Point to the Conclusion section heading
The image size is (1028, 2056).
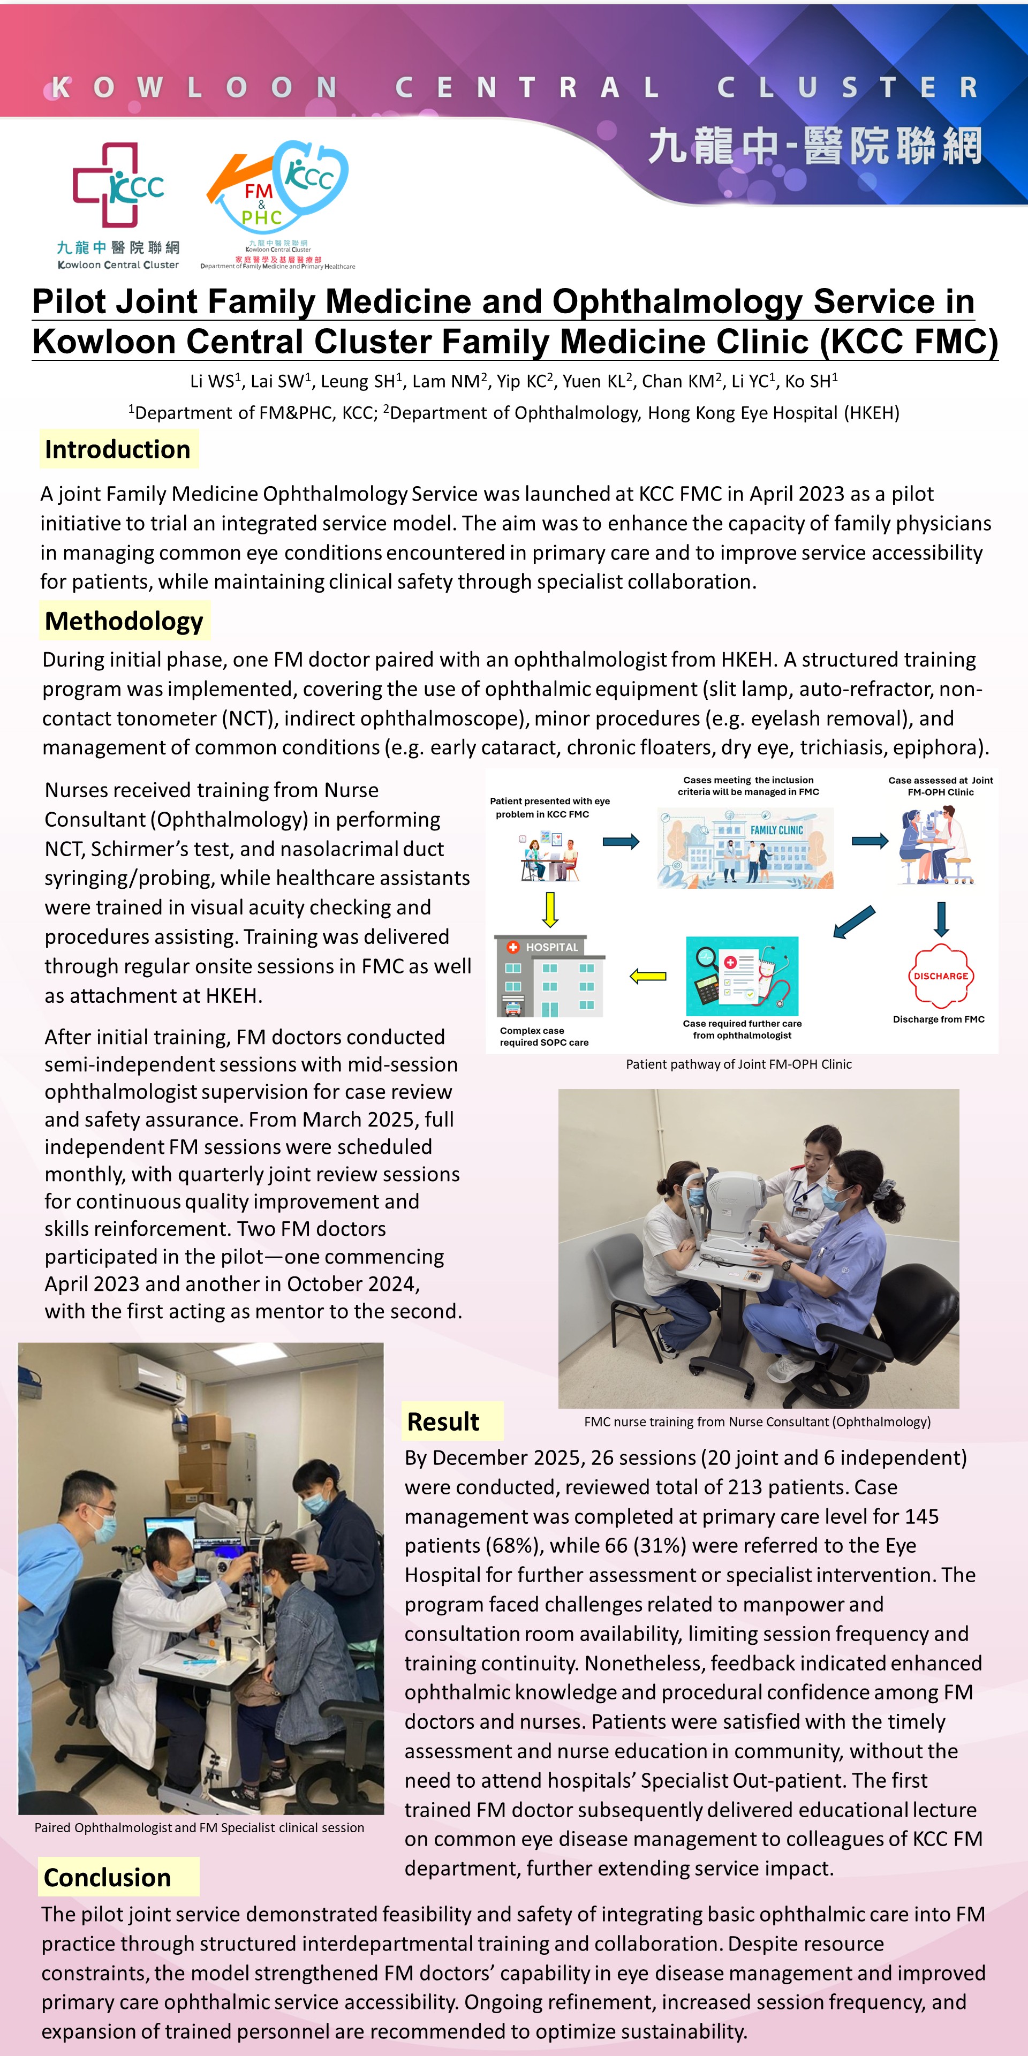click(108, 1877)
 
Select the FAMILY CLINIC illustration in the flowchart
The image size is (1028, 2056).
click(745, 848)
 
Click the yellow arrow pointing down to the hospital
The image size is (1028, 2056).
click(550, 909)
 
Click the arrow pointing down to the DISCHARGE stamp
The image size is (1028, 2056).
click(941, 919)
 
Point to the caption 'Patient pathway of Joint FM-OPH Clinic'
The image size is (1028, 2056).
click(738, 1064)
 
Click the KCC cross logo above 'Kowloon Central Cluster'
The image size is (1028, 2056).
click(118, 185)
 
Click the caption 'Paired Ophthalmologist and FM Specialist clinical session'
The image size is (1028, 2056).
click(200, 1828)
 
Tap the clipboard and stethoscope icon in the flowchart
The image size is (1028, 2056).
click(742, 976)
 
